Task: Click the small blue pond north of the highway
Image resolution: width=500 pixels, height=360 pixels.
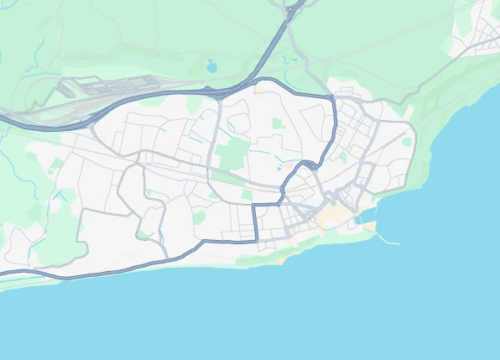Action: (211, 65)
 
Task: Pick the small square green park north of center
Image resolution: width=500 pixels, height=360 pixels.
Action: (278, 123)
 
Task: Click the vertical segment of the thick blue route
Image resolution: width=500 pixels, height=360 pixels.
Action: (255, 222)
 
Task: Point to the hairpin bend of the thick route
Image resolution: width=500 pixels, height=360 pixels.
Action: (314, 163)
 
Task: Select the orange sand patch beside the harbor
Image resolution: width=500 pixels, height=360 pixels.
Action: (369, 226)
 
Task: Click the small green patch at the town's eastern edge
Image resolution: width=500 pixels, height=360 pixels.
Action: (408, 142)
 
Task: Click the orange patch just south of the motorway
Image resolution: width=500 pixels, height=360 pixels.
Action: (260, 91)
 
